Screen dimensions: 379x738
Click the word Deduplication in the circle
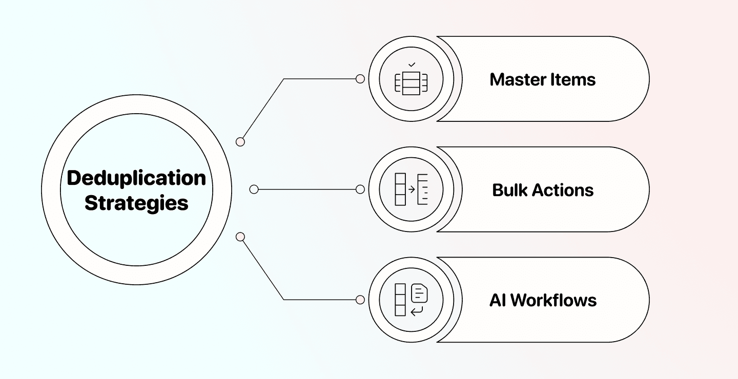136,178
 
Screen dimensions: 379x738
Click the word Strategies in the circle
136,203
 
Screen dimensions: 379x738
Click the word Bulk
509,190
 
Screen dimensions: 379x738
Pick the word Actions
564,190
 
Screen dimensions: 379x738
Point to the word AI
498,300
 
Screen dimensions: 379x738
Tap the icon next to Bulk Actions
411,189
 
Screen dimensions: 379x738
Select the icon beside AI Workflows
411,300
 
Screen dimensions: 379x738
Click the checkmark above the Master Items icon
411,65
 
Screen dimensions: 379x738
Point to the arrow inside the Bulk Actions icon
411,189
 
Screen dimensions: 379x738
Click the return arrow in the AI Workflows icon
417,310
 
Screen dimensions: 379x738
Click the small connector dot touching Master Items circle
360,79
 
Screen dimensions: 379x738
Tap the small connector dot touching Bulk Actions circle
360,189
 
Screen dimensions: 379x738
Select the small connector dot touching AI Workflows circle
360,300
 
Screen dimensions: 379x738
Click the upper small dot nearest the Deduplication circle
240,142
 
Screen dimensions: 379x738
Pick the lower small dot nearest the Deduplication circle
240,237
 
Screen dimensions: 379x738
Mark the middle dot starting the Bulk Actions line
254,189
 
